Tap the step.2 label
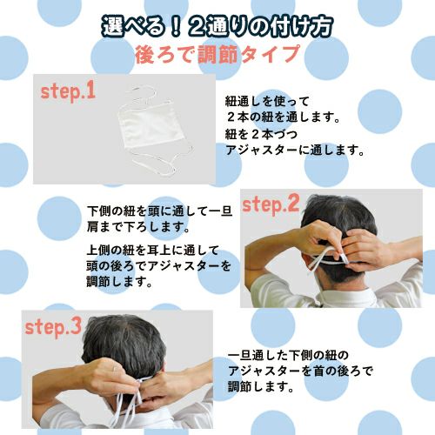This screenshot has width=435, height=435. pyautogui.click(x=270, y=205)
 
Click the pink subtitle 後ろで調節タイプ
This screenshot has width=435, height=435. pyautogui.click(x=217, y=53)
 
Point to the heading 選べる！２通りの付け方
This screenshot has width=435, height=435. pyautogui.click(x=217, y=23)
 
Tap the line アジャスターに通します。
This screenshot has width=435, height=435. pyautogui.click(x=283, y=150)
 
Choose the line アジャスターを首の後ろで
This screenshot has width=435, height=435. pyautogui.click(x=300, y=371)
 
